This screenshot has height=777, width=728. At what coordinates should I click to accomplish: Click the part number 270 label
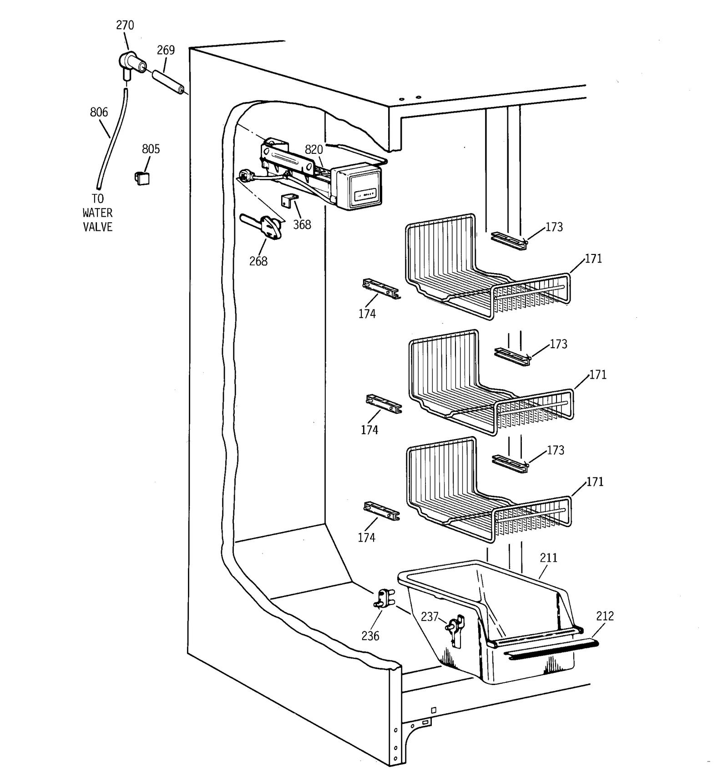point(125,25)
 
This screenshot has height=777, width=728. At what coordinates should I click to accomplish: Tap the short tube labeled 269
point(167,80)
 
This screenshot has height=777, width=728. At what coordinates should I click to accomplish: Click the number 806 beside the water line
point(99,112)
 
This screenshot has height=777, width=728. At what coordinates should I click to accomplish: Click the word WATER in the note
point(97,213)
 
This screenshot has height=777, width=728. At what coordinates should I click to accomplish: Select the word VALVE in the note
point(97,227)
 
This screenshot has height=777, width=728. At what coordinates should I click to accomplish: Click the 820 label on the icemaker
point(313,149)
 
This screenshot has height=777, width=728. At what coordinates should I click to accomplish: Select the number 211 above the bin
point(548,558)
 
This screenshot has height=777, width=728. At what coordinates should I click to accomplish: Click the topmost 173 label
point(554,227)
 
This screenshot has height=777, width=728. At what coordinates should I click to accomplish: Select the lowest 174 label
point(366,538)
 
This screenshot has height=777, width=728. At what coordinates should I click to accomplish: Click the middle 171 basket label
point(597,375)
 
